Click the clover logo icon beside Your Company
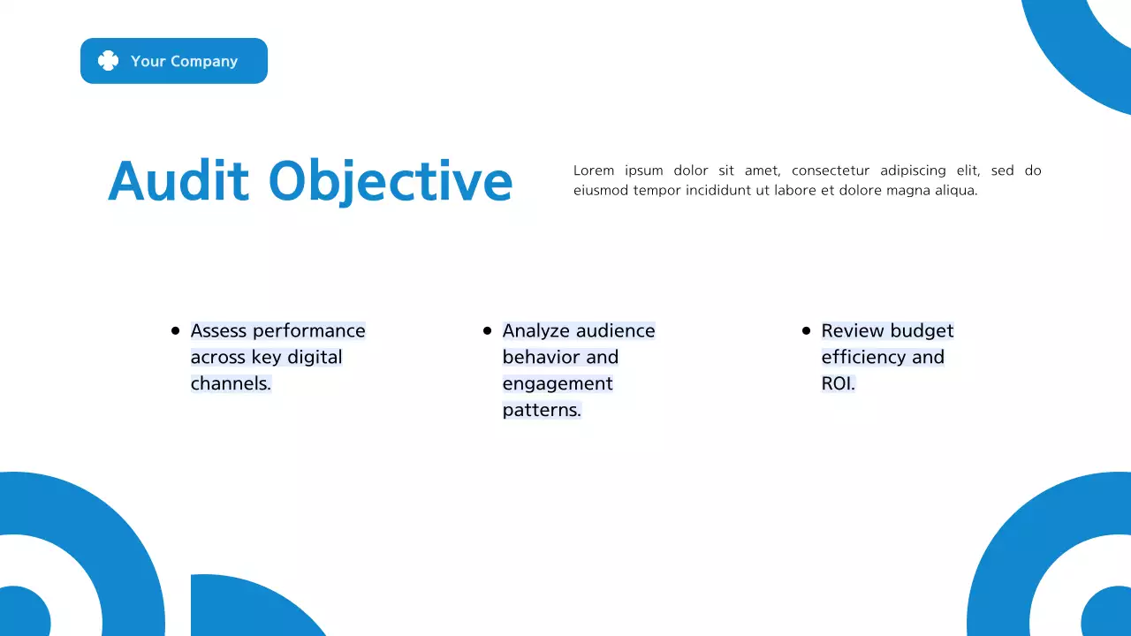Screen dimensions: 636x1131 point(108,61)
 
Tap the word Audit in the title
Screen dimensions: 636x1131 point(178,181)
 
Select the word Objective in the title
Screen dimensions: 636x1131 point(390,182)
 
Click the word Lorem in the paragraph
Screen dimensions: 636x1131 point(593,170)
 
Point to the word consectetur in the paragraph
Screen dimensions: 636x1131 point(830,170)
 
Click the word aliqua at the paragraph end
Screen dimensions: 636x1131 point(955,191)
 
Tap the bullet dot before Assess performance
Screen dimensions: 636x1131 point(175,330)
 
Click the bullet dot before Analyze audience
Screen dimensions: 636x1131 point(487,330)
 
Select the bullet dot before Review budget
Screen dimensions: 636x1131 point(806,330)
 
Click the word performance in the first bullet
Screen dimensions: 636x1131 point(308,331)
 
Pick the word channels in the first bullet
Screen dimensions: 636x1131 point(230,384)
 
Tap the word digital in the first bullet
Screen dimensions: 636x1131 point(315,358)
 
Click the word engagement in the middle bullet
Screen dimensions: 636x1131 point(558,384)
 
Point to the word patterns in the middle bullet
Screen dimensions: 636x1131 point(541,411)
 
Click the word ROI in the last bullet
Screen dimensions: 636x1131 point(837,384)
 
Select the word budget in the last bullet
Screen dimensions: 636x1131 point(922,331)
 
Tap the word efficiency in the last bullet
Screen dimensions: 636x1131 point(863,358)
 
